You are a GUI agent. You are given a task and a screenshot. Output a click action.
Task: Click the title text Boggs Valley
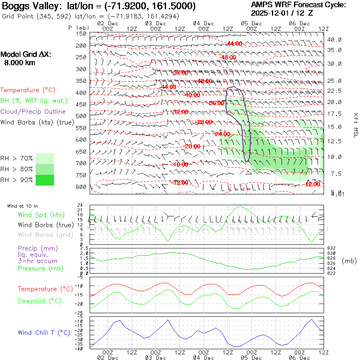coord(26,6)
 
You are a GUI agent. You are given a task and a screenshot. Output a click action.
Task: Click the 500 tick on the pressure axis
coord(81,116)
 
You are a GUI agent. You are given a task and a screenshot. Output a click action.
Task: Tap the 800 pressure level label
coord(81,187)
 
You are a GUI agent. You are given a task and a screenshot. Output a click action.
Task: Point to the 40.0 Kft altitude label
coord(334,40)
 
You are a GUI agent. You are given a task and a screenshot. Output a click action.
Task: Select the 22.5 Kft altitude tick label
coord(334,91)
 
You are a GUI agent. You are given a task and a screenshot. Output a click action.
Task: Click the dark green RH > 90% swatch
coord(45,180)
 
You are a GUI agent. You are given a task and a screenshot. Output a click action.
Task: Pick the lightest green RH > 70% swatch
coord(45,158)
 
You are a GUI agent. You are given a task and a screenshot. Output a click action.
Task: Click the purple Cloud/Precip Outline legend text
coord(33,112)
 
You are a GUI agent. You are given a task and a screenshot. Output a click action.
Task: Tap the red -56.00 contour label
coord(216,103)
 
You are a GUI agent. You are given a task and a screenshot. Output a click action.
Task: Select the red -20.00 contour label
coord(192,146)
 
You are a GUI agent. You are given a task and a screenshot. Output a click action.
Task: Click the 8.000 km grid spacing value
coord(19,63)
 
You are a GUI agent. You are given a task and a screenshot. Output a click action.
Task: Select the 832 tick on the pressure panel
coord(331,248)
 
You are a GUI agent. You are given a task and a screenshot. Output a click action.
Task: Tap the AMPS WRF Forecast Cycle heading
coord(298,5)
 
